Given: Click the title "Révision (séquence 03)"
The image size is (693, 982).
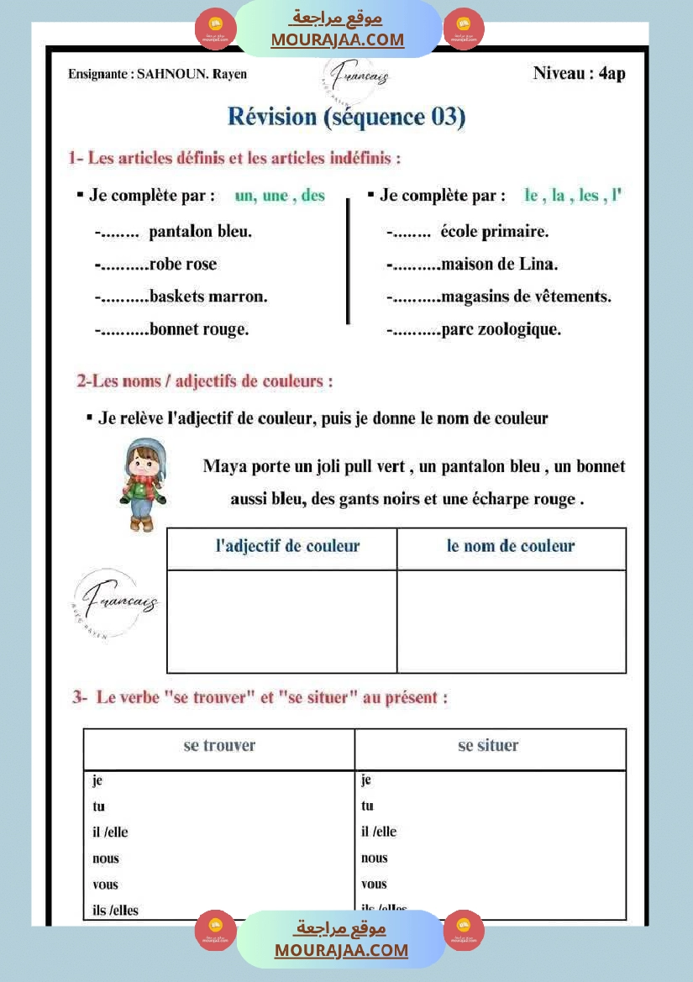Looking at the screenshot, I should click(x=346, y=117).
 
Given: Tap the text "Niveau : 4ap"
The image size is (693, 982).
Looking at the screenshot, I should click(x=579, y=73).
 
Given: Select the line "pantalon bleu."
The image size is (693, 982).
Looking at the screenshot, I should click(x=200, y=232).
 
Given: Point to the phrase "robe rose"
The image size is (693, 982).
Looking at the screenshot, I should click(x=182, y=265).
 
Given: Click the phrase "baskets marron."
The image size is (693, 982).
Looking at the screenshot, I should click(x=208, y=297).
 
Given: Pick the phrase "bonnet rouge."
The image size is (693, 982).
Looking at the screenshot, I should click(x=199, y=329).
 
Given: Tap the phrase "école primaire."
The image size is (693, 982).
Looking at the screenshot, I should click(x=494, y=232).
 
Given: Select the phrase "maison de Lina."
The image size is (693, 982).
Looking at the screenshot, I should click(x=499, y=265).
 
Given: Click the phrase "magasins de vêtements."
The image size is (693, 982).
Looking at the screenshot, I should click(x=526, y=297).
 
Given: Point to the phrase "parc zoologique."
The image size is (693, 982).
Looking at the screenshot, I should click(x=501, y=329).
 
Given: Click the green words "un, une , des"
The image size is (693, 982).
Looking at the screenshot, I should click(x=280, y=196).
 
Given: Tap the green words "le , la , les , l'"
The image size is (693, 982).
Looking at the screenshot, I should click(x=572, y=196).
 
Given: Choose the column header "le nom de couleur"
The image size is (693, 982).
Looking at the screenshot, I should click(x=511, y=546).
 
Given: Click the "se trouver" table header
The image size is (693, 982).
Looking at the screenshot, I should click(x=219, y=746).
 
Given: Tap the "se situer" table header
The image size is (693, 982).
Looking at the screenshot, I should click(x=488, y=746).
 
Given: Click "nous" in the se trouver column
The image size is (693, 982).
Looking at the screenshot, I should click(x=106, y=859).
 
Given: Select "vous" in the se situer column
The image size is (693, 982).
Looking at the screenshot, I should click(x=375, y=885).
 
